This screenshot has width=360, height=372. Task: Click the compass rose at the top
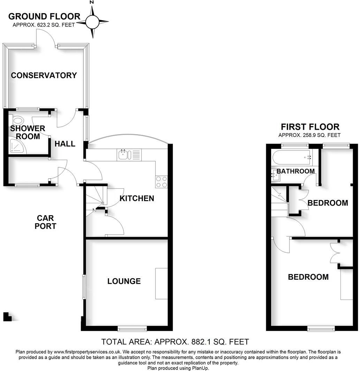tap(92, 22)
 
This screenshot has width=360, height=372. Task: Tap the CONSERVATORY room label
tap(44, 75)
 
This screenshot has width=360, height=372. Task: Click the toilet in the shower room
tap(17, 121)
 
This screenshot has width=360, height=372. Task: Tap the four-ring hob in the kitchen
tap(162, 182)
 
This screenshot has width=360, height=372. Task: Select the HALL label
tap(65, 144)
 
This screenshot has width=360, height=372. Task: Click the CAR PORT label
tap(46, 222)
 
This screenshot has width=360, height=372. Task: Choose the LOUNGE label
tap(124, 281)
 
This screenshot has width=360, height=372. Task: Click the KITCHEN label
tap(137, 198)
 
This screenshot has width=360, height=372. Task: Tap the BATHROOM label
tap(296, 171)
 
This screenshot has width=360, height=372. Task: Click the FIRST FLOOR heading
tap(310, 127)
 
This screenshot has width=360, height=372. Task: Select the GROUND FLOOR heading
tap(44, 16)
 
